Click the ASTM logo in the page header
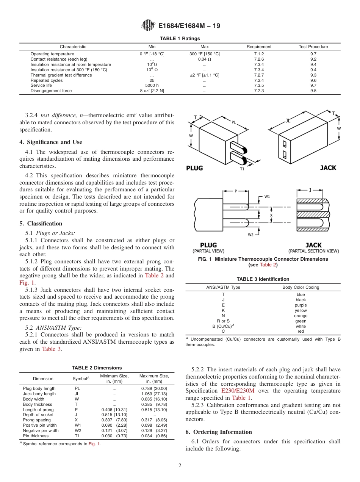pos(148,26)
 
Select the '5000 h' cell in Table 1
pos(152,86)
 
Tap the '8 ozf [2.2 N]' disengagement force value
pos(152,91)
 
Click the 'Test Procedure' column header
pos(313,47)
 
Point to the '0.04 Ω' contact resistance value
pos(205,59)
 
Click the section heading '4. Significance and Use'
pos(51,142)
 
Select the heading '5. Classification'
pos(41,224)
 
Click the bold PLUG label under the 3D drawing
pos(194,168)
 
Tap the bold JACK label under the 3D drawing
pos(328,168)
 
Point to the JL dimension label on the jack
pos(288,121)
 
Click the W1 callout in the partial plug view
pos(267,196)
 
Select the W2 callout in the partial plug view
pos(251,235)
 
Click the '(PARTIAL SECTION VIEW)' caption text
pos(313,251)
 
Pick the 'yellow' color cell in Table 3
pos(301,310)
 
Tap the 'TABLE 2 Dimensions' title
pos(97,368)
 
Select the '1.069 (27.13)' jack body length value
pos(154,394)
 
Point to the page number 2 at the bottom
pos(180,466)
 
